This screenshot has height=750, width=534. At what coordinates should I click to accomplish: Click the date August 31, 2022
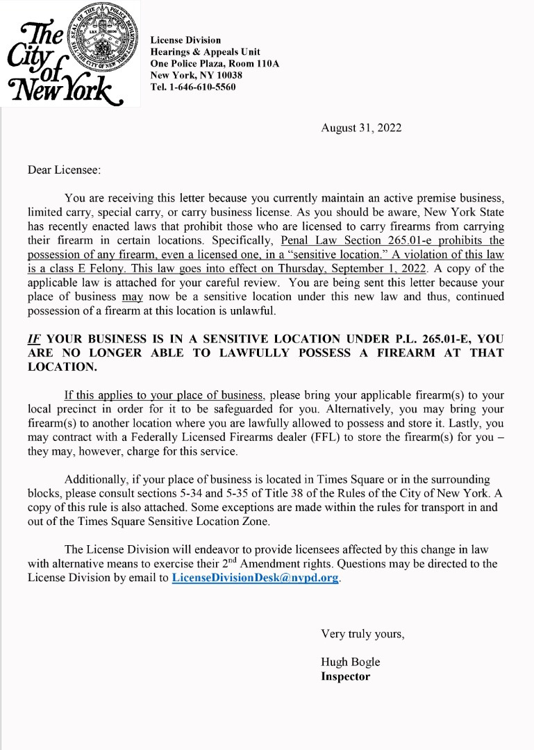coord(361,128)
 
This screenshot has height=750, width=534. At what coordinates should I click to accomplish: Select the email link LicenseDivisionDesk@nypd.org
coord(256,577)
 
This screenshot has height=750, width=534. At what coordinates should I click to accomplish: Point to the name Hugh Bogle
coord(350,662)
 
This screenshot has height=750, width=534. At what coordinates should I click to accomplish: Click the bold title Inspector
coord(345,676)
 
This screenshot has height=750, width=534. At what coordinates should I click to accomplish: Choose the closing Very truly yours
coord(362,633)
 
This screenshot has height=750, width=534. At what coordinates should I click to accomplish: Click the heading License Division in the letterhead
coord(185,40)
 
